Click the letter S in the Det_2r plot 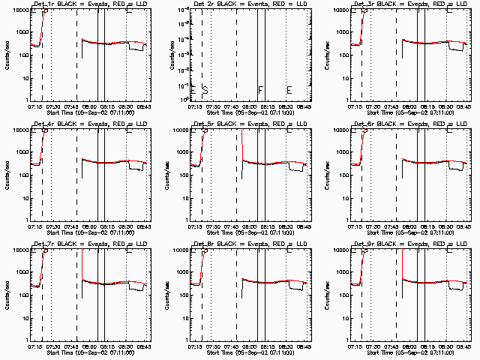[205, 90]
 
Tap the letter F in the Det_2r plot [261, 90]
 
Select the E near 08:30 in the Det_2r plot [289, 90]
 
